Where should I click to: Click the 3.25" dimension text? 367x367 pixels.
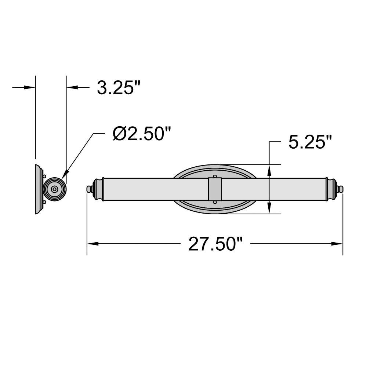[x=119, y=88]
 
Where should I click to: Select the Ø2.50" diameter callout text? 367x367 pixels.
[x=142, y=134]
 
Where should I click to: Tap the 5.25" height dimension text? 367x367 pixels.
[x=310, y=142]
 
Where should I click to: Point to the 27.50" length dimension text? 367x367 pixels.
[x=215, y=244]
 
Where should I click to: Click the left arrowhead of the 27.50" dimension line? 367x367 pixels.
[x=93, y=244]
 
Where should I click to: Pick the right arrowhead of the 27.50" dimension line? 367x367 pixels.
[x=337, y=244]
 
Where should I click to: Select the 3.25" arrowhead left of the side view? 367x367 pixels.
[x=30, y=87]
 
